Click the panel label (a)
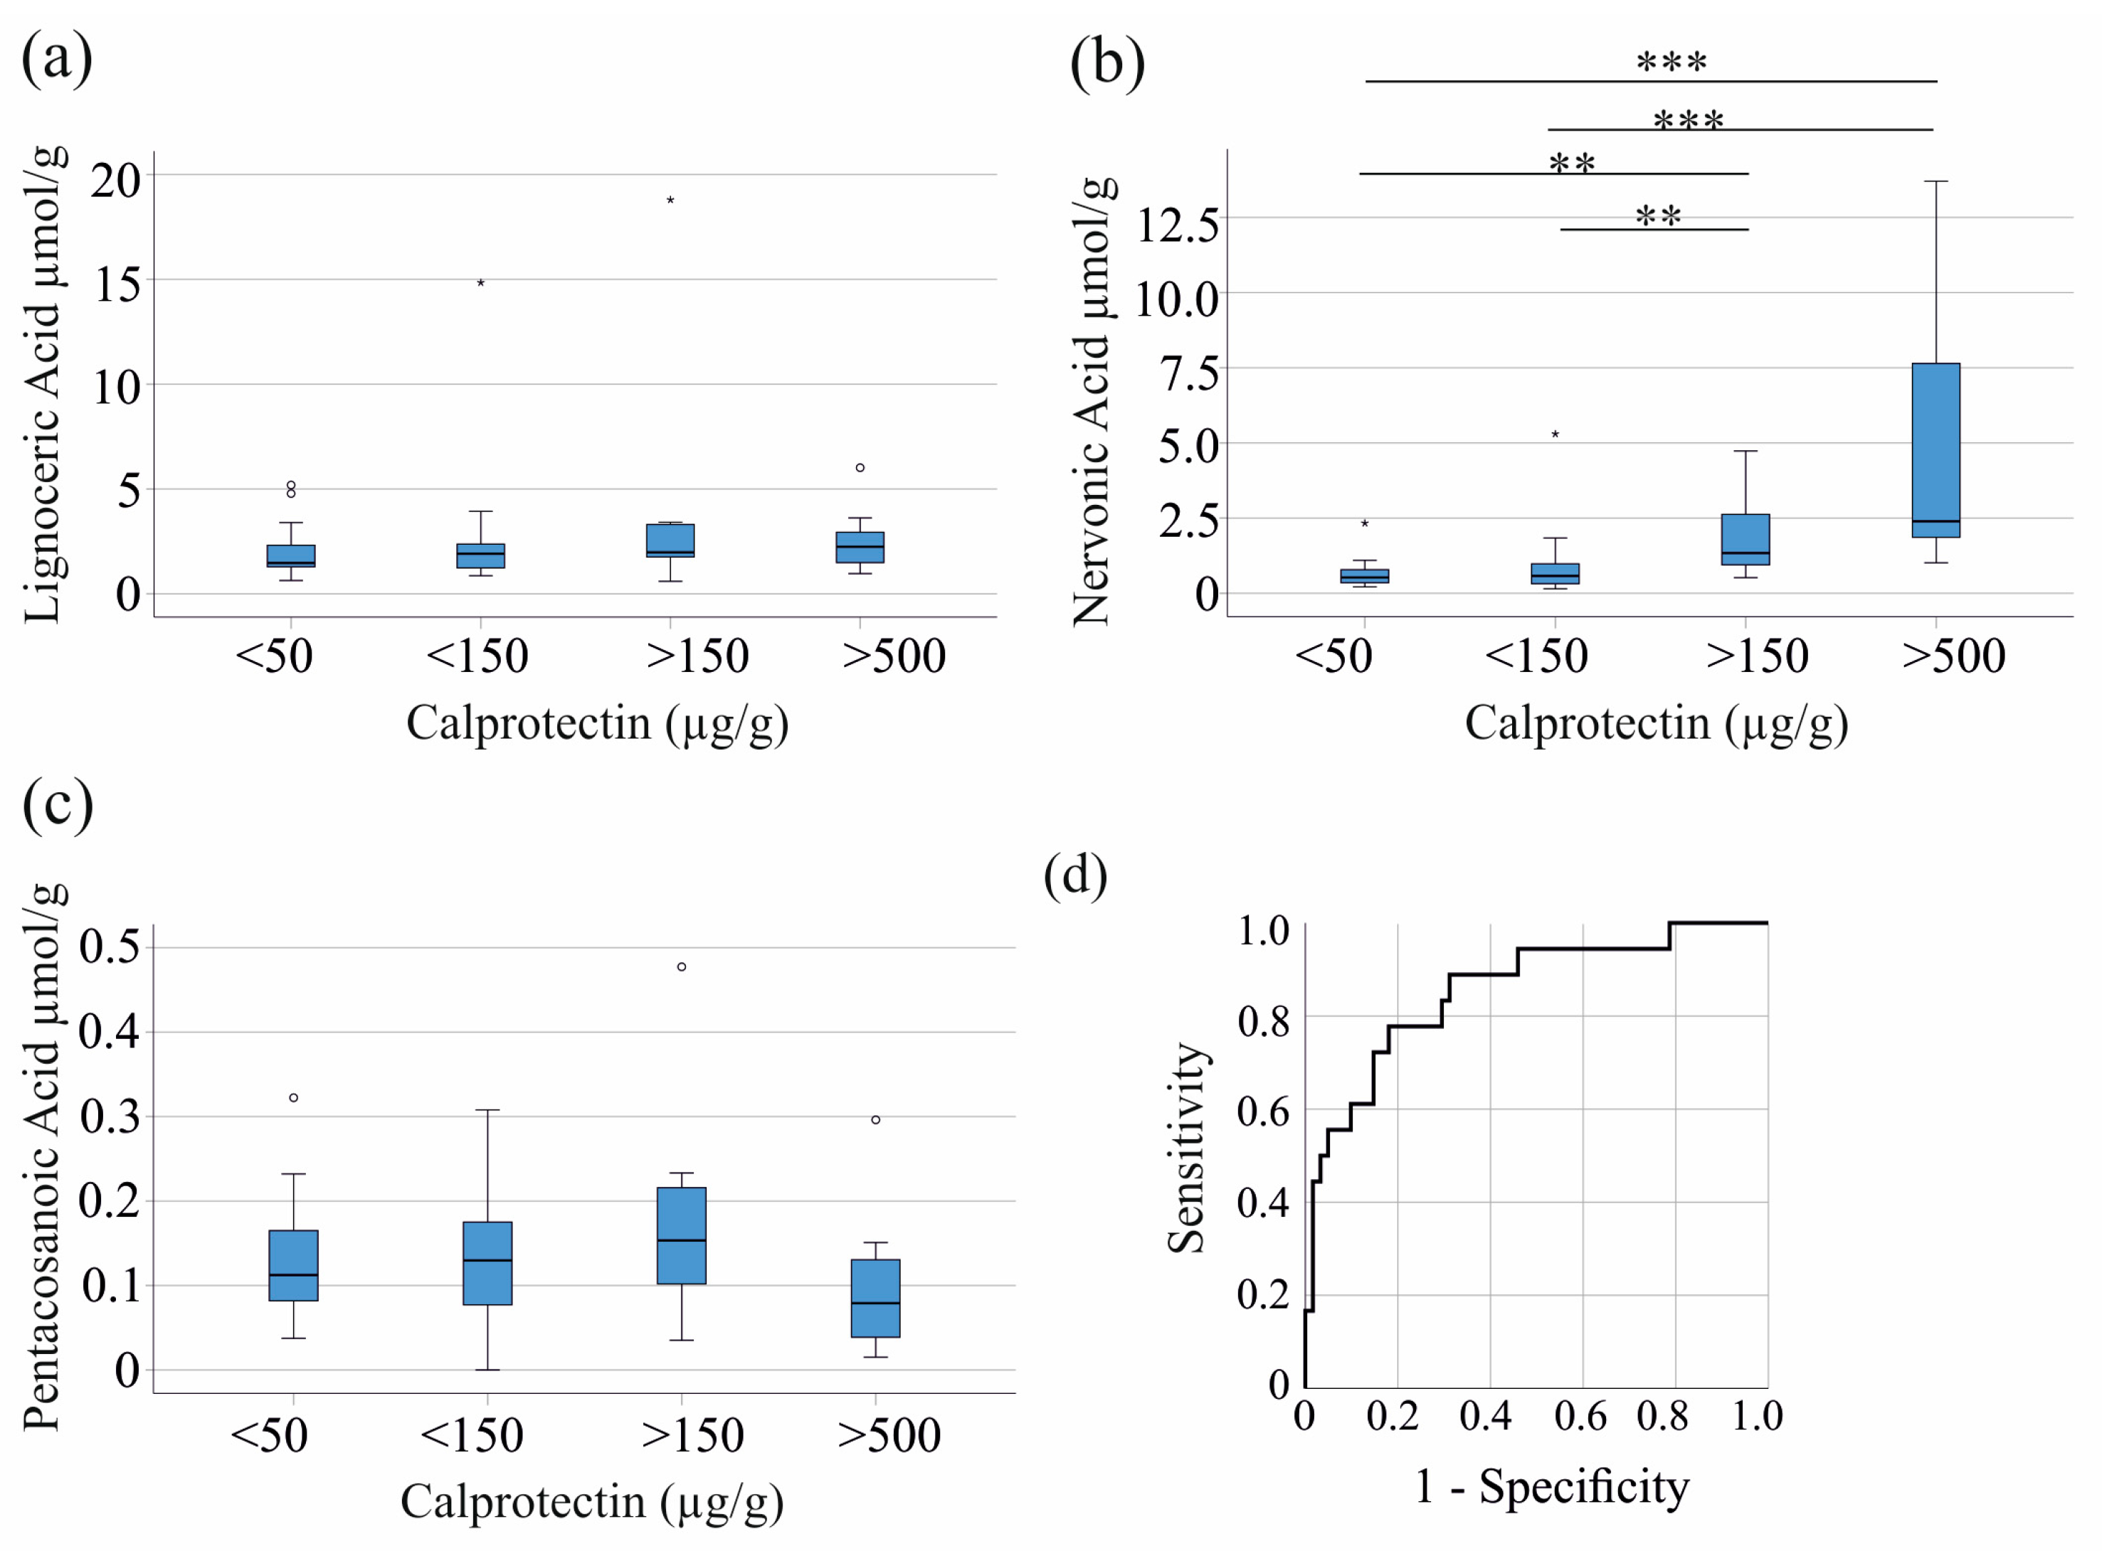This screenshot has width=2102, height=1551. click(56, 58)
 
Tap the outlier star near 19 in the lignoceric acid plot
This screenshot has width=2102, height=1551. click(670, 200)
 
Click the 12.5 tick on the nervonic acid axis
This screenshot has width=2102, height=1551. click(1177, 225)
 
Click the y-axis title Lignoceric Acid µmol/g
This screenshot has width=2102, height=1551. click(44, 385)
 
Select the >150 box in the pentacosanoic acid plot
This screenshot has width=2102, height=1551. click(681, 1235)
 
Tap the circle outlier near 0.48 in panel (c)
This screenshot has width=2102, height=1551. click(681, 967)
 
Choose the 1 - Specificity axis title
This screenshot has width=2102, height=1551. click(1552, 1487)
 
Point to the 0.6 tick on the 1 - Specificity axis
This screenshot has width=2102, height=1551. click(1580, 1416)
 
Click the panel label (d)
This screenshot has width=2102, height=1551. click(1074, 875)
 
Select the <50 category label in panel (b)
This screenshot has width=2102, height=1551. click(1333, 656)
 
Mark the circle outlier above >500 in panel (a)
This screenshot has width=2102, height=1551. click(860, 467)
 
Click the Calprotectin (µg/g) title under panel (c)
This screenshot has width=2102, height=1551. click(592, 1501)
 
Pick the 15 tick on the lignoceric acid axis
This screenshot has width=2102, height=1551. click(117, 284)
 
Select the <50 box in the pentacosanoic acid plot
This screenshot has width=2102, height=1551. click(293, 1266)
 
